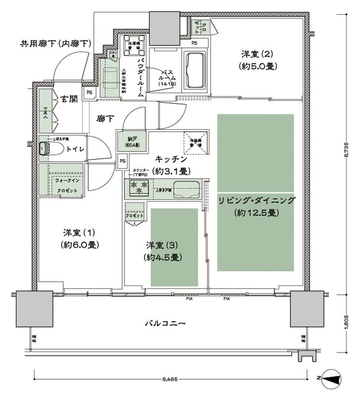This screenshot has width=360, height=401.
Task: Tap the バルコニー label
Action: click(x=166, y=323)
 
